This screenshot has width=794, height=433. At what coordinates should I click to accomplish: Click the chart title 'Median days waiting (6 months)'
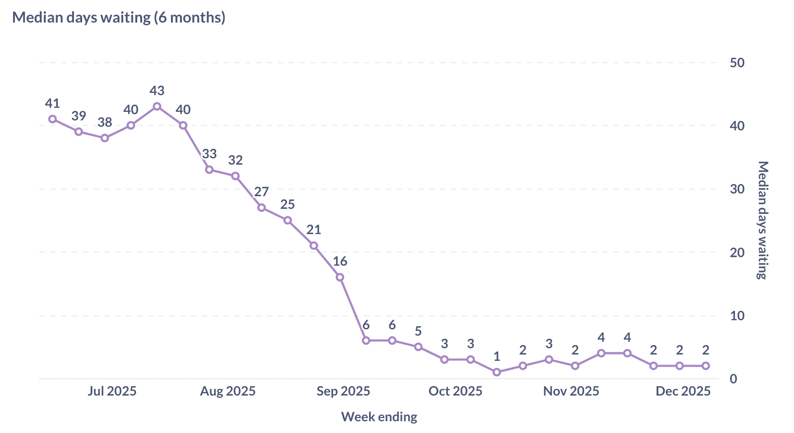pyautogui.click(x=119, y=18)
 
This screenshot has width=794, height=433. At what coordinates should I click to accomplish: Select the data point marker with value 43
pyautogui.click(x=157, y=106)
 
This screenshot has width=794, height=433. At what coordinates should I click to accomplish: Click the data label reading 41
pyautogui.click(x=52, y=104)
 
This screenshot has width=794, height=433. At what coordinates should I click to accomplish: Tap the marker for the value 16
pyautogui.click(x=340, y=277)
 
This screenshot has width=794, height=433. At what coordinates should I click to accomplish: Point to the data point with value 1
pyautogui.click(x=497, y=372)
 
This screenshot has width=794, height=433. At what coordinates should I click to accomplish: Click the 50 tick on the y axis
pyautogui.click(x=737, y=63)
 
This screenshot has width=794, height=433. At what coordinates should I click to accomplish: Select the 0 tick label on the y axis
pyautogui.click(x=733, y=379)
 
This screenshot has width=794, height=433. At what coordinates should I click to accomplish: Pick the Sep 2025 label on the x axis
pyautogui.click(x=343, y=391)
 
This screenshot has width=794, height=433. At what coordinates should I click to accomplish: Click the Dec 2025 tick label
pyautogui.click(x=683, y=391)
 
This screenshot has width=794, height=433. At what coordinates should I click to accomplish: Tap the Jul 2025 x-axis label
pyautogui.click(x=112, y=391)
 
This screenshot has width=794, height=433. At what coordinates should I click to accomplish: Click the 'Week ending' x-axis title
pyautogui.click(x=379, y=417)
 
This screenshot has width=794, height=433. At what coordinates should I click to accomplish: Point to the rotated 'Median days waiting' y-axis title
pyautogui.click(x=762, y=220)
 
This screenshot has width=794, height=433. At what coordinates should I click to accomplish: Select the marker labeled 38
pyautogui.click(x=105, y=138)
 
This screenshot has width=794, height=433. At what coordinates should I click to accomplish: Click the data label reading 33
pyautogui.click(x=209, y=154)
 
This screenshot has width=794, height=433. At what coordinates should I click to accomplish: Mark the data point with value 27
pyautogui.click(x=262, y=207)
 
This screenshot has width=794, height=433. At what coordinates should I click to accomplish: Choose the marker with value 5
pyautogui.click(x=418, y=347)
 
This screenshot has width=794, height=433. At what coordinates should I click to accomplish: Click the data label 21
pyautogui.click(x=314, y=230)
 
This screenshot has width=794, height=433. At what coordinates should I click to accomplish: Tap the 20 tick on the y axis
pyautogui.click(x=737, y=253)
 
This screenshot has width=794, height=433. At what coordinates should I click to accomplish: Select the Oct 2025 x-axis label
pyautogui.click(x=455, y=391)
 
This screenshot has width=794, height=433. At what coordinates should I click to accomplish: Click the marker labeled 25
pyautogui.click(x=287, y=220)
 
